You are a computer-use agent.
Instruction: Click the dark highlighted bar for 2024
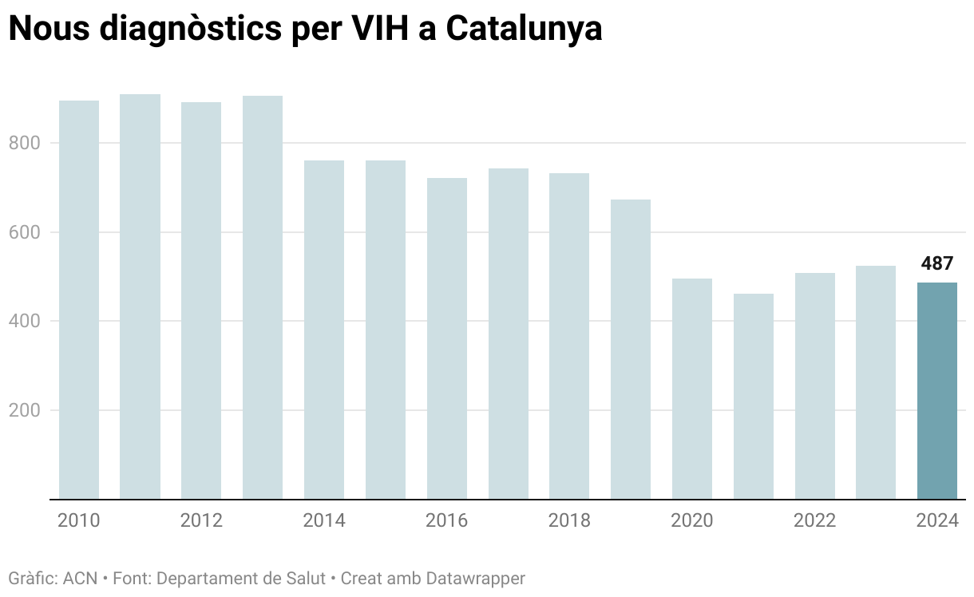[936, 391]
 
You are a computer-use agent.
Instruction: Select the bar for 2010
[79, 300]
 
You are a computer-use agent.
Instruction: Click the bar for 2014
[324, 330]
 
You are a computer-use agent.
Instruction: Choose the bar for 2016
[447, 338]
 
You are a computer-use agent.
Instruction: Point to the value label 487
[936, 264]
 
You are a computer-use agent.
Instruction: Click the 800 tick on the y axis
[23, 144]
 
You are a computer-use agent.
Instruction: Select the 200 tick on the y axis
[23, 411]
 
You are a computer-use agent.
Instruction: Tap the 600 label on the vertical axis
[23, 233]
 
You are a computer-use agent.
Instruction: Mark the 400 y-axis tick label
[23, 322]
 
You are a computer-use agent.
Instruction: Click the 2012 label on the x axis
[201, 521]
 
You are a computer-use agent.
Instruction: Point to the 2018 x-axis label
[569, 521]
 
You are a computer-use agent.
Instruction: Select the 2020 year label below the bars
[692, 521]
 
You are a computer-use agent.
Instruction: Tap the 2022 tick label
[814, 521]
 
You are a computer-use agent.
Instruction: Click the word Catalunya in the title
[523, 29]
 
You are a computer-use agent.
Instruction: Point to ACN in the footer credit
[81, 578]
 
